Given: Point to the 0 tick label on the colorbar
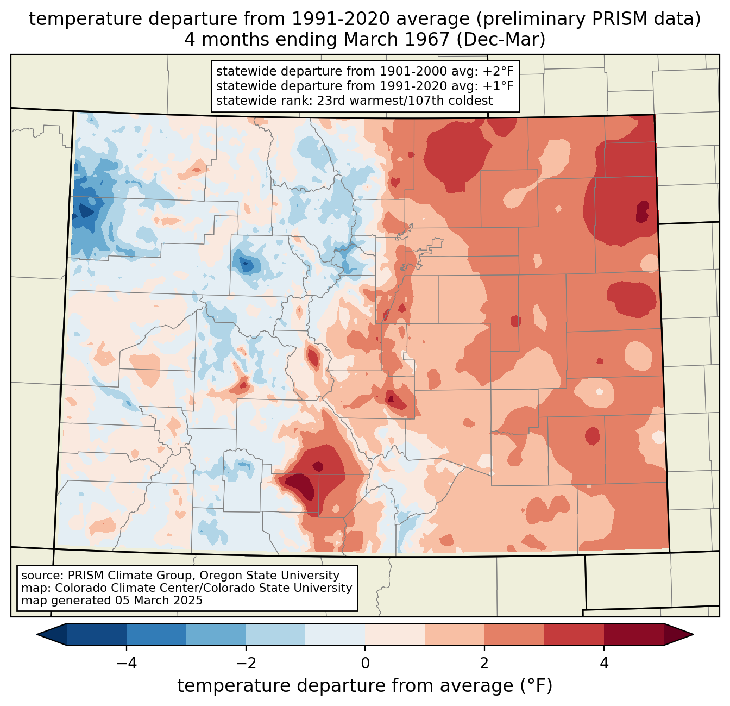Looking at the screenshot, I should [365, 663].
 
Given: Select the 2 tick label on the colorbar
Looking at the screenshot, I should [484, 663].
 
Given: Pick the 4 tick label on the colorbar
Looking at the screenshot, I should [604, 663].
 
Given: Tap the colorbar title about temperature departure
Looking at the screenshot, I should [365, 686].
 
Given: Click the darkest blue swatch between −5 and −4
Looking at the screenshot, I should [97, 634].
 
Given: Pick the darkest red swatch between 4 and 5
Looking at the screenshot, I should [633, 634].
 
